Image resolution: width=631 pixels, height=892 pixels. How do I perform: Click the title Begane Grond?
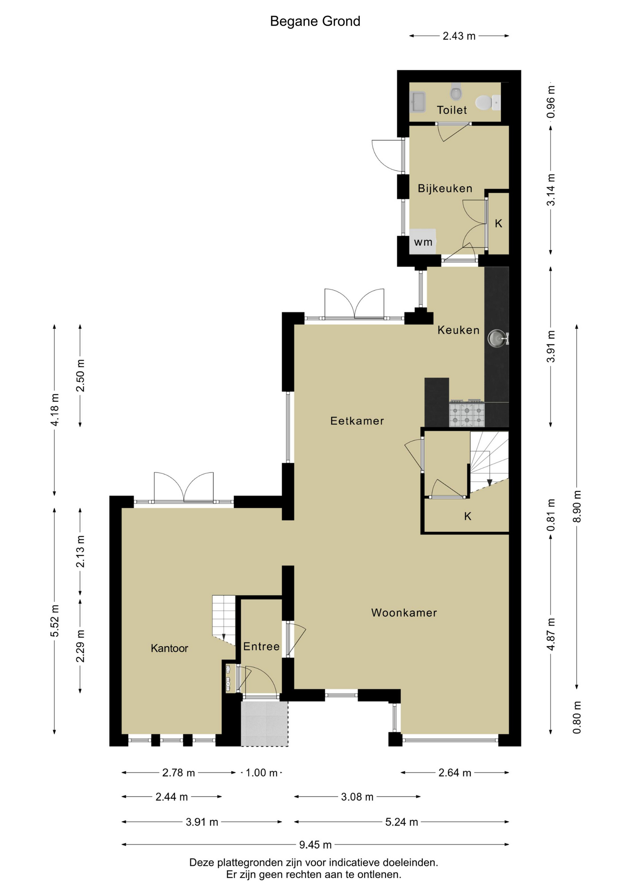315,21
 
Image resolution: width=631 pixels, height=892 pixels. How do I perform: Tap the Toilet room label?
452,110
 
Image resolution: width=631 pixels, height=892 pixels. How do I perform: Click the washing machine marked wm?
422,242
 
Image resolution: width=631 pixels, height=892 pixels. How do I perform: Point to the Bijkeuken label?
445,188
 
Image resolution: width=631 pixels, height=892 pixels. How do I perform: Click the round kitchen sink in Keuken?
497,338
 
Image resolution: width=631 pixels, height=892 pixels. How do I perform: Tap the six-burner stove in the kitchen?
467,413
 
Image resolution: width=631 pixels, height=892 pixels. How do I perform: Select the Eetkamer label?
357,421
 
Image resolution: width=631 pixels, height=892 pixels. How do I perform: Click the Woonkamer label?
404,613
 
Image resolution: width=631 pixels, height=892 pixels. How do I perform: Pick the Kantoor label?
169,648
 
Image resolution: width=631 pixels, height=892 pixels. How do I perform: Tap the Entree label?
261,646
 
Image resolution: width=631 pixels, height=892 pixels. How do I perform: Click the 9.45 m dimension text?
315,845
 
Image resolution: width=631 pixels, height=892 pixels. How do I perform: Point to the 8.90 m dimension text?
577,506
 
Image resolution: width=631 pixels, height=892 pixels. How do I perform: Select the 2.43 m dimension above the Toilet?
459,36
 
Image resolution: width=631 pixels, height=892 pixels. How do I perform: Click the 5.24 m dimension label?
401,822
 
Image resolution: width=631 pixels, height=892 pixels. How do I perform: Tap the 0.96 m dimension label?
551,102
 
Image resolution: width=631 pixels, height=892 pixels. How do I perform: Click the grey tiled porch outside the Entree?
264,723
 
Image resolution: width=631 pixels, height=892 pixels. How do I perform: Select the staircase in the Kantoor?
224,620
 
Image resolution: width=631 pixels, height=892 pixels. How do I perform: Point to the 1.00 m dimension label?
261,773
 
